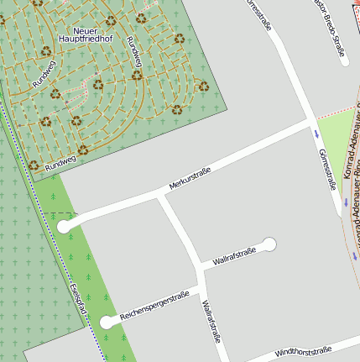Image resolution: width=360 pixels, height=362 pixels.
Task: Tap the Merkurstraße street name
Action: point(190,177)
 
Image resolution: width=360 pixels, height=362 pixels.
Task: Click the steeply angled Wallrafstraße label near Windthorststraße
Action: point(210,322)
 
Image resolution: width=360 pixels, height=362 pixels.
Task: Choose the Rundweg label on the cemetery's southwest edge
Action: point(60,163)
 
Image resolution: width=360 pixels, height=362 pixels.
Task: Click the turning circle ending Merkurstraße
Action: point(65,226)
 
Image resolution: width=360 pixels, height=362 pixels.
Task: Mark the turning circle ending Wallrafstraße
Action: point(269,244)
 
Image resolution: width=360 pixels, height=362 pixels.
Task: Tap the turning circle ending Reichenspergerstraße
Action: point(107,322)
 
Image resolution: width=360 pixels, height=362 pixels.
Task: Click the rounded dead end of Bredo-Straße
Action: point(344,60)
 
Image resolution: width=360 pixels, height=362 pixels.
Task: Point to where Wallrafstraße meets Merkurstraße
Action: point(160,197)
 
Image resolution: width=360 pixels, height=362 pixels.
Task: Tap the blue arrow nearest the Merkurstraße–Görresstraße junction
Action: point(317,133)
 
